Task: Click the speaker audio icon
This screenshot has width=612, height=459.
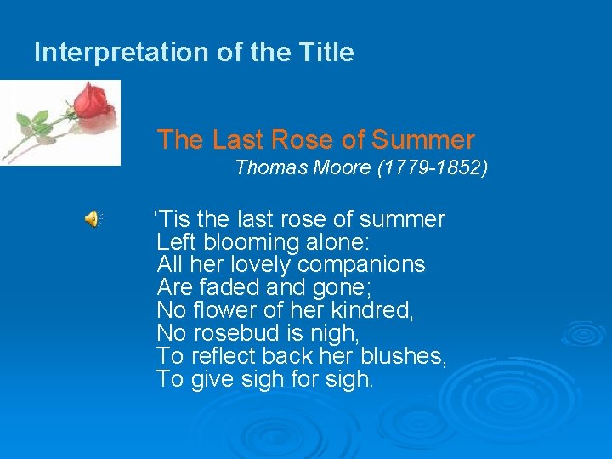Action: point(93,219)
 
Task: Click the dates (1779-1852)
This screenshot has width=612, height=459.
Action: point(430,168)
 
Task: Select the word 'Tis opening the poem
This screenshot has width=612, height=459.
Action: point(170,219)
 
